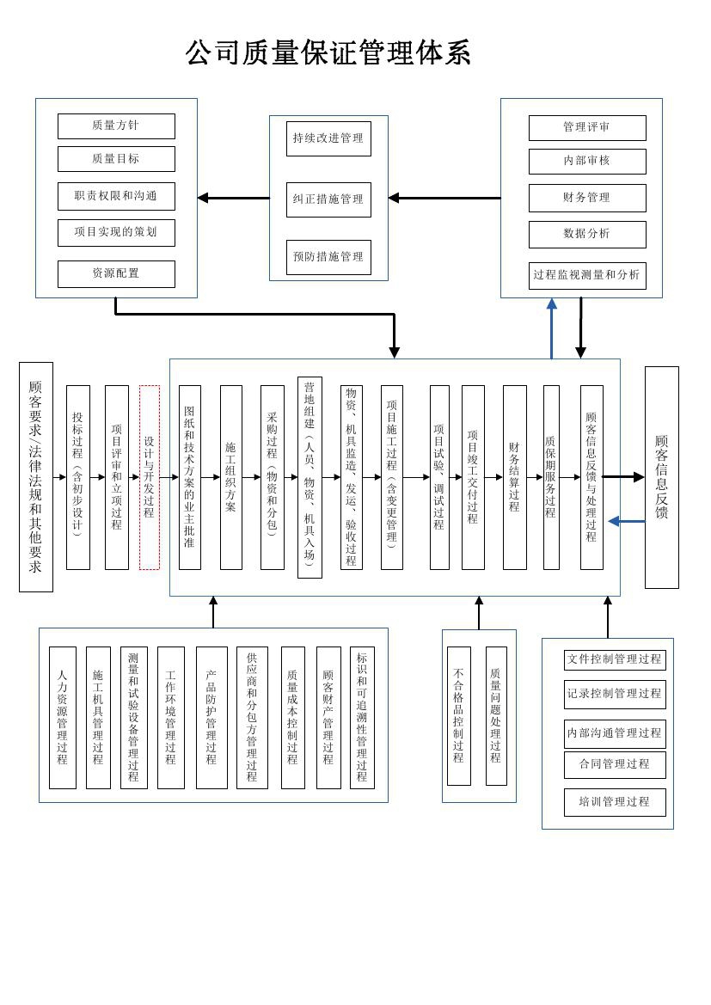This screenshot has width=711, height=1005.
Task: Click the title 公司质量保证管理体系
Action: [328, 53]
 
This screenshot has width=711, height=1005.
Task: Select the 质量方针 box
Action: [116, 126]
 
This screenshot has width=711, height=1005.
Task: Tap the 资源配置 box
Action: [116, 273]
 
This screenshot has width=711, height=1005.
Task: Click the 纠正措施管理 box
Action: [328, 199]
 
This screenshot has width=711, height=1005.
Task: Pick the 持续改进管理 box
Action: [328, 138]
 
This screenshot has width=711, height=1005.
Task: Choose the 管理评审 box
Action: [587, 127]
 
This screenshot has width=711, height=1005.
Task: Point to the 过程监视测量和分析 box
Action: [587, 275]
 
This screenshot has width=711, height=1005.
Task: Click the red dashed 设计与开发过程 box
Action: [150, 477]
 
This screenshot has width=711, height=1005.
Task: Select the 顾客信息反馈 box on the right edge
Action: [661, 477]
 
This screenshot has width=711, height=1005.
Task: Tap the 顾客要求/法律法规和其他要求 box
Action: [36, 477]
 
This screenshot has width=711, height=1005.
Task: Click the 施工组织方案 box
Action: [231, 477]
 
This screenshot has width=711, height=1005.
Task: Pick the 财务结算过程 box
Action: [514, 477]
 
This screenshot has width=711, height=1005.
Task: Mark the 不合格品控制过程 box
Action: [459, 716]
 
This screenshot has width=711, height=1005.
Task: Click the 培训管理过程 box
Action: [615, 802]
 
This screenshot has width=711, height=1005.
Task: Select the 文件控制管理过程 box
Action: [615, 659]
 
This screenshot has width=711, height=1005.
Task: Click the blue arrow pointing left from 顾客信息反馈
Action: [626, 521]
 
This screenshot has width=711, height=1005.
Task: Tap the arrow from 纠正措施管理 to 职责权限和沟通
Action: [234, 198]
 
